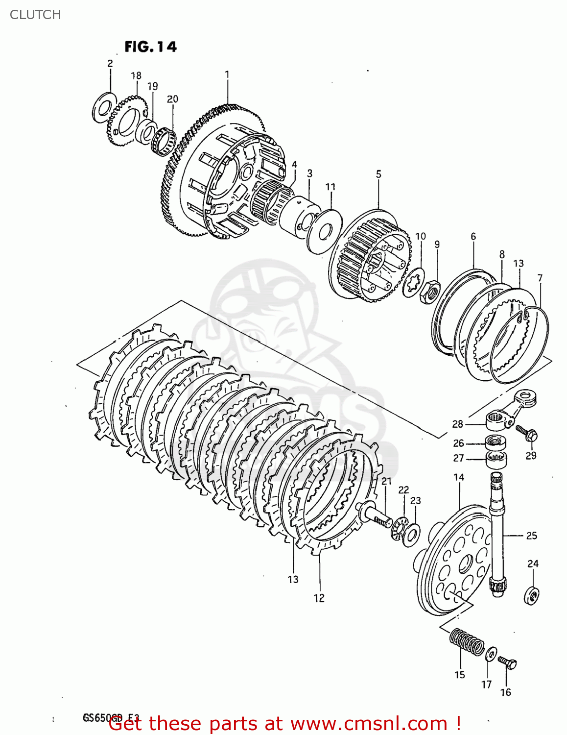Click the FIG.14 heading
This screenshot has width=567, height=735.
[x=150, y=47]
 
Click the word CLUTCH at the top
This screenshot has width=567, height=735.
[x=35, y=15]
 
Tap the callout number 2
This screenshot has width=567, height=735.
[x=110, y=63]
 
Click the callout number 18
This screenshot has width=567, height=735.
[x=136, y=75]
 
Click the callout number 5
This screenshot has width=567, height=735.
[x=378, y=174]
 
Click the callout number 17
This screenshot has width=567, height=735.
[x=486, y=684]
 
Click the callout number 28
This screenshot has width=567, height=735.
[x=457, y=424]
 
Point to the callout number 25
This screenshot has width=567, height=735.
[x=532, y=536]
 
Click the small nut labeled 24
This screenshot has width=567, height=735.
[x=532, y=595]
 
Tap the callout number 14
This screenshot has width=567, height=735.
[x=459, y=477]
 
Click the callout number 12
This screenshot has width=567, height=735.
[x=319, y=598]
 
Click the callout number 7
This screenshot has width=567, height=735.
[x=540, y=278]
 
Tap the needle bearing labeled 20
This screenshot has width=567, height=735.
[x=163, y=141]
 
